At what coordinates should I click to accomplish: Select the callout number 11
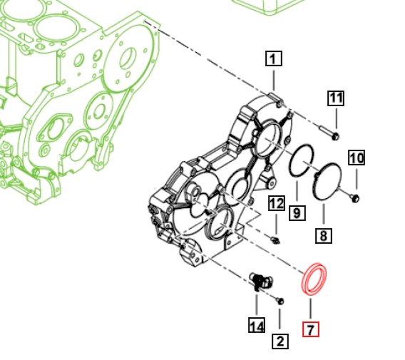click(x=336, y=98)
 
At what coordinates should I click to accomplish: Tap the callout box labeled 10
click(x=356, y=158)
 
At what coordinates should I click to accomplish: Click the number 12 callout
click(x=276, y=204)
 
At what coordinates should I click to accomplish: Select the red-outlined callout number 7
click(x=311, y=329)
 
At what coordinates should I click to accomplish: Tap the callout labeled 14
click(x=256, y=326)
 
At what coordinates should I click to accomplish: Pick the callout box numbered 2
click(x=280, y=341)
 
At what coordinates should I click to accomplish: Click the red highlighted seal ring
click(x=314, y=279)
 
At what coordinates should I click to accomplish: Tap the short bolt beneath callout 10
click(x=355, y=195)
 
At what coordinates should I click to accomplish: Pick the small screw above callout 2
click(x=280, y=301)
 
